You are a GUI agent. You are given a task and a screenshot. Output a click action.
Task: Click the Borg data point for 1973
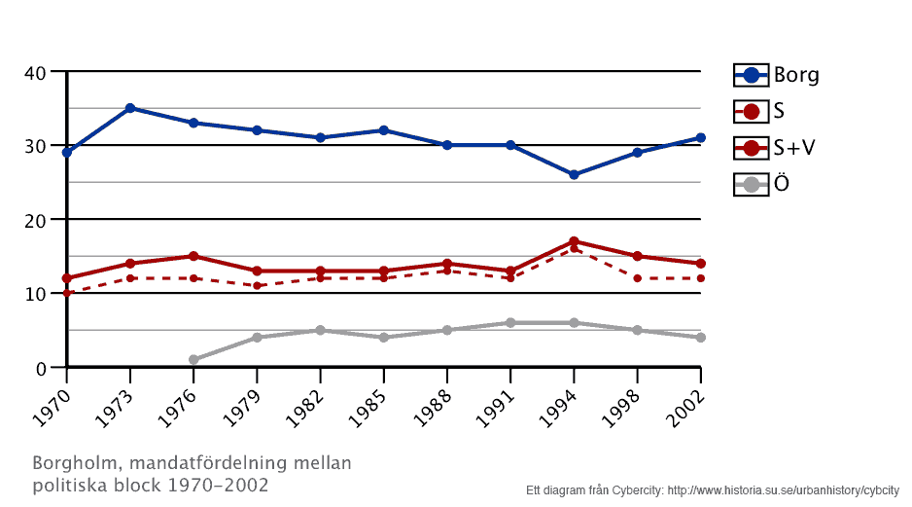[130, 108]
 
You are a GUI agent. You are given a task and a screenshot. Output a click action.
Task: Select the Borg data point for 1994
[574, 175]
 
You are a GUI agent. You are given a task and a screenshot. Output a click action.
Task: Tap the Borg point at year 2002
[700, 138]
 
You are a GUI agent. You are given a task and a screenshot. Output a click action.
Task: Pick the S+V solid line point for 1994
[574, 241]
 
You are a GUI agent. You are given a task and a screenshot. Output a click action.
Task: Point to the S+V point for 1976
[193, 256]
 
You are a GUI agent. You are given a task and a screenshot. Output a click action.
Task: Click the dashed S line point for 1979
[257, 285]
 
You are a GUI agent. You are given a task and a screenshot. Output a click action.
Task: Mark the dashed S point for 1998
[637, 278]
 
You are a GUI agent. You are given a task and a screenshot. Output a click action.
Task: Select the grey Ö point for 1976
[193, 360]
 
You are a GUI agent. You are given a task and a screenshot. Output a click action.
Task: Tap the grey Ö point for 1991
[510, 323]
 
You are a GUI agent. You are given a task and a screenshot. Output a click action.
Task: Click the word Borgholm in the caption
[73, 462]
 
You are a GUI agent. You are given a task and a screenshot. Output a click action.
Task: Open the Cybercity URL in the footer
[783, 490]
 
